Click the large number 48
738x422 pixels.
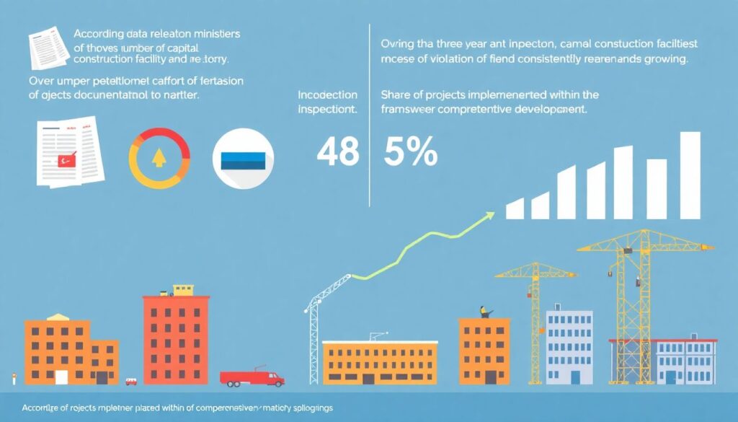[x=337, y=151]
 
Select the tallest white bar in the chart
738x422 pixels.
[x=690, y=175]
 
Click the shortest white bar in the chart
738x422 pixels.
[x=515, y=208]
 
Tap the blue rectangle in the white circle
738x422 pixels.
[x=244, y=159]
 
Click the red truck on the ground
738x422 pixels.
[x=252, y=378]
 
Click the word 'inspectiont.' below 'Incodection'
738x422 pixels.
[x=328, y=111]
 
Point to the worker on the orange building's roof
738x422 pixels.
[x=484, y=312]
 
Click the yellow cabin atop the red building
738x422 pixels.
[x=182, y=289]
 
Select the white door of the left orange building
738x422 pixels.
[x=61, y=377]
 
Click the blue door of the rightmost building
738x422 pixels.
[x=672, y=377]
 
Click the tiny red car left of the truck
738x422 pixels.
[x=131, y=381]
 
